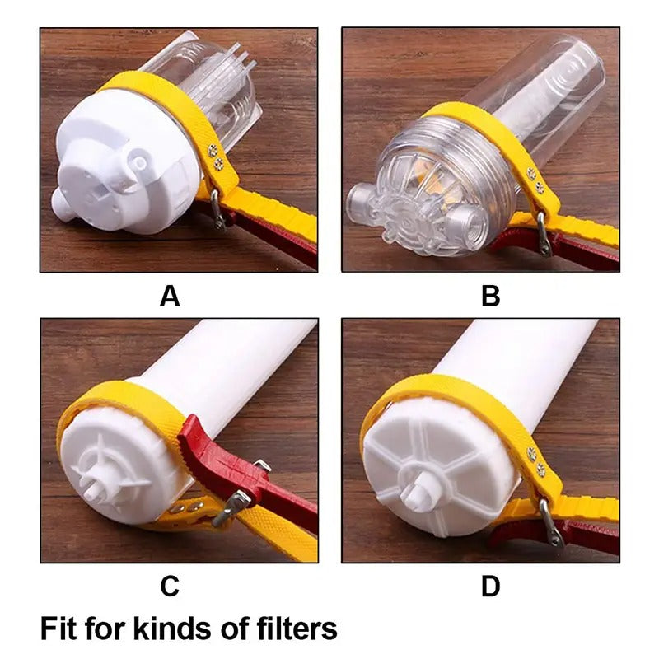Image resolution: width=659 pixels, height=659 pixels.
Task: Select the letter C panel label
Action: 170,586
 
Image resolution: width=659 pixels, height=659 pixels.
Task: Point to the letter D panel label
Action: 490,586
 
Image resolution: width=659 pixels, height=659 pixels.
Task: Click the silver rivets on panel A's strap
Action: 215,157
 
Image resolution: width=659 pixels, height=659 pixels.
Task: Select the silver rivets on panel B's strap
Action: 536,180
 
